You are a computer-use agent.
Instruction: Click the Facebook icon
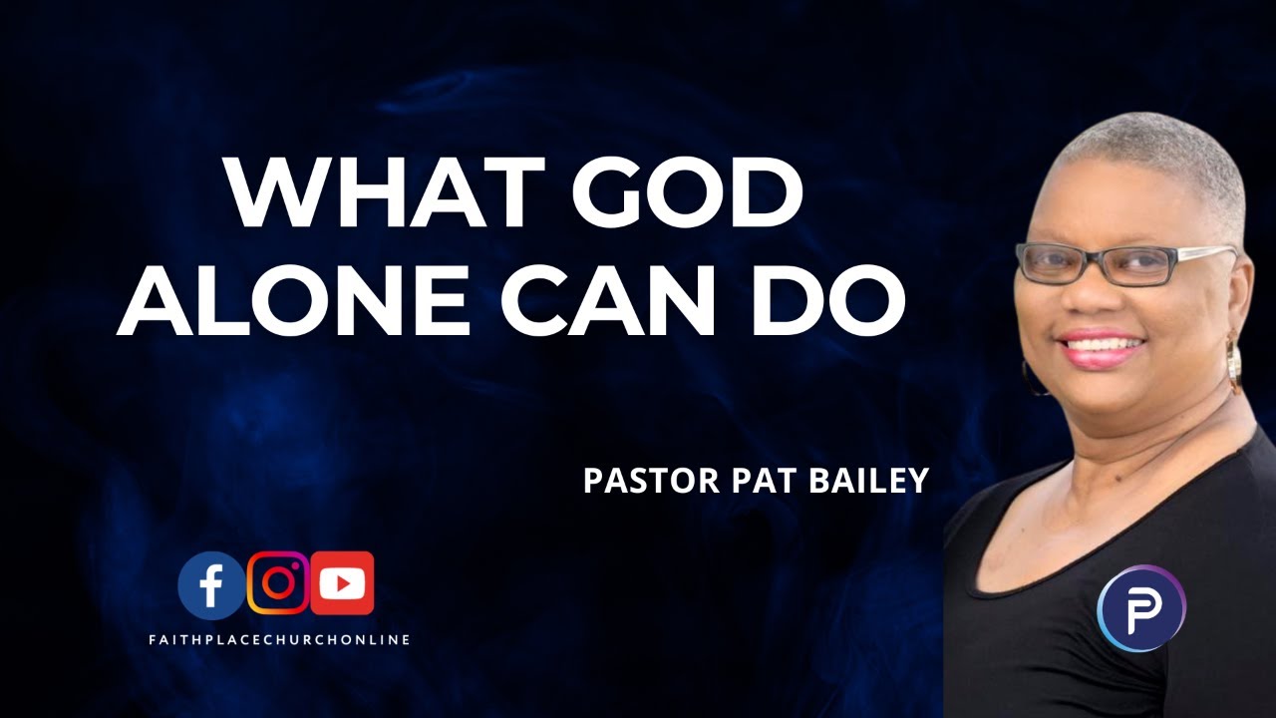pos(210,584)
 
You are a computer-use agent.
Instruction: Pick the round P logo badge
pos(1140,609)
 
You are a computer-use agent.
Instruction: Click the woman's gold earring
pos(1235,363)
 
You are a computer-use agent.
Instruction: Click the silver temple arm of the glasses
pos(1201,253)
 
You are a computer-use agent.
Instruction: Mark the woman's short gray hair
pos(1166,160)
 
